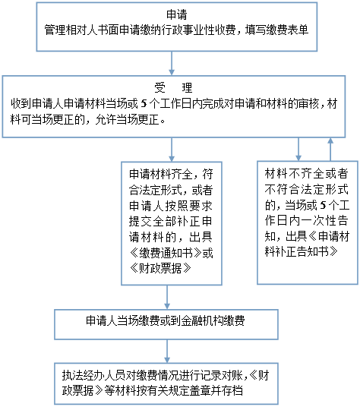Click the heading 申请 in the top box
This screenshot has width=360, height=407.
coord(177,14)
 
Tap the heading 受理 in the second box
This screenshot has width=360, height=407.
coord(173,88)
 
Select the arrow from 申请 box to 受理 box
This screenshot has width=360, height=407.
coord(172,63)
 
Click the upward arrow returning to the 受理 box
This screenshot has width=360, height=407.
coord(330,150)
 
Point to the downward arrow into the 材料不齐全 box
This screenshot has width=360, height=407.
coord(298,150)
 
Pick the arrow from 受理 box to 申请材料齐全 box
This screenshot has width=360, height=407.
coord(172,150)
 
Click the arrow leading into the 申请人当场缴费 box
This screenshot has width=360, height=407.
coord(167,297)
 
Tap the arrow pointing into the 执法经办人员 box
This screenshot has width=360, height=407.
coord(167,352)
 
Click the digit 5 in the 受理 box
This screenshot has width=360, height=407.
coord(144,104)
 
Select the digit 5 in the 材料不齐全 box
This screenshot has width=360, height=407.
coord(323,205)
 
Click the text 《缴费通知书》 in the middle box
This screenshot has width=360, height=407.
coord(166,253)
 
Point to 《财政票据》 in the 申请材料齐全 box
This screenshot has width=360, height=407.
coord(160,268)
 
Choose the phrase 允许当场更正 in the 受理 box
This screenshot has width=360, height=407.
coord(127,120)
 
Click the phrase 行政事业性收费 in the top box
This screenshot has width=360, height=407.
coord(198,30)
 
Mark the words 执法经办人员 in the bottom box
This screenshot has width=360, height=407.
coord(93,375)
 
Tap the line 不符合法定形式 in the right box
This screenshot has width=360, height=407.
coord(307,190)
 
